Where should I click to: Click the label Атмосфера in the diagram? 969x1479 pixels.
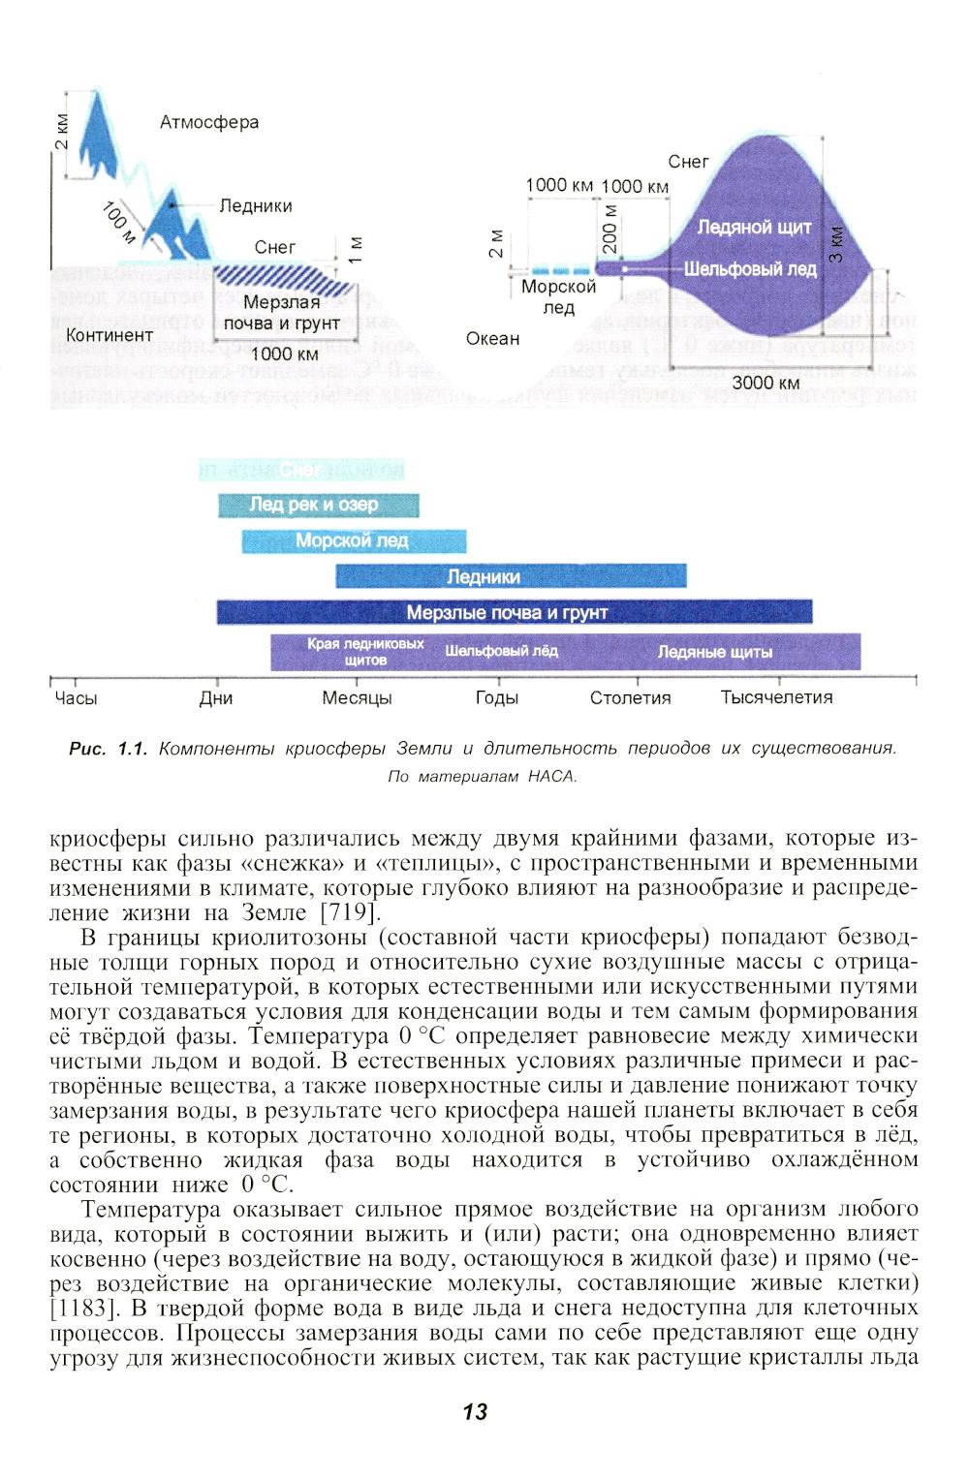click(x=209, y=122)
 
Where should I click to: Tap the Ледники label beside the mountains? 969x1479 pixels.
click(x=255, y=205)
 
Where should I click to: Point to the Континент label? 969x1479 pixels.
click(x=109, y=335)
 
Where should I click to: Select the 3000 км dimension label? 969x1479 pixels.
click(x=766, y=383)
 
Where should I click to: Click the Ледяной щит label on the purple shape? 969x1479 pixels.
click(x=754, y=227)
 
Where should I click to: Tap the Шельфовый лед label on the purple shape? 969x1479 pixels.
click(x=750, y=268)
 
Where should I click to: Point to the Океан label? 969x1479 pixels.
click(x=492, y=338)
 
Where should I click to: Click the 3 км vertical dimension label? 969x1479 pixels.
click(x=835, y=243)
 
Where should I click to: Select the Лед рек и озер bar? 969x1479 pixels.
click(x=318, y=505)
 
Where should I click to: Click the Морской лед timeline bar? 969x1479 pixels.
click(x=353, y=540)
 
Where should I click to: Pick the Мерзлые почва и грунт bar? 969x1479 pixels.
click(x=514, y=612)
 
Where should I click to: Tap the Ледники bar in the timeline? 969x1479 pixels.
click(x=510, y=576)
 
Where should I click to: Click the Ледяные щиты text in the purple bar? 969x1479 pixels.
click(x=715, y=652)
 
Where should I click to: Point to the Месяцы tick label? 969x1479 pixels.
click(x=357, y=697)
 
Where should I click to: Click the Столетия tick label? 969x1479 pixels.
click(x=630, y=697)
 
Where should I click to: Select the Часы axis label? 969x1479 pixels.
click(x=76, y=697)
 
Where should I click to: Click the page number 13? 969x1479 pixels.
click(x=475, y=1411)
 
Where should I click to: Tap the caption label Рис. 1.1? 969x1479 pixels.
click(x=108, y=749)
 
